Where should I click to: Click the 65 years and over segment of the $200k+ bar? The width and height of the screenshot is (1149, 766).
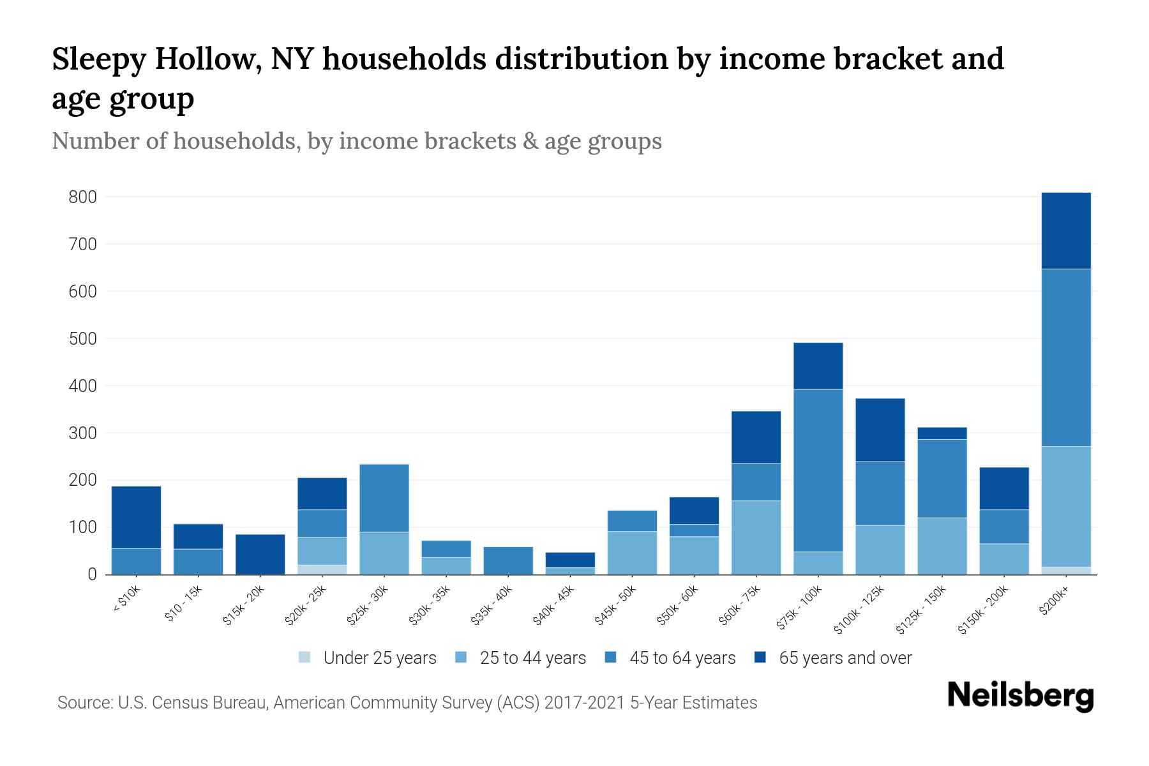1065,230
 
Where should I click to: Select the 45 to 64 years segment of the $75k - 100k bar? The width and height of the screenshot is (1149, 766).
818,470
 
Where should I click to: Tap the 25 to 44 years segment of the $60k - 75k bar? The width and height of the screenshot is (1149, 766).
756,537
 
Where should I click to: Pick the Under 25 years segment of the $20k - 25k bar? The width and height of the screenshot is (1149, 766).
322,569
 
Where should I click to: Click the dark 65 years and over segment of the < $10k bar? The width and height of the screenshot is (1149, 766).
136,517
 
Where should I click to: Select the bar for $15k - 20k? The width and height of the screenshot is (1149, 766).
260,554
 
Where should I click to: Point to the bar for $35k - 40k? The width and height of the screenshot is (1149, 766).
508,560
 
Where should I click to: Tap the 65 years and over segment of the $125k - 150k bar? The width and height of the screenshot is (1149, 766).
942,433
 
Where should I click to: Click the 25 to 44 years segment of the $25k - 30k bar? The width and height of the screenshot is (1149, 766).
384,553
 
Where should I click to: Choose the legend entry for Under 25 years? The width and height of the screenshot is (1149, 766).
368,658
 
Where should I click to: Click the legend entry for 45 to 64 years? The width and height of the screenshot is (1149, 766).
670,658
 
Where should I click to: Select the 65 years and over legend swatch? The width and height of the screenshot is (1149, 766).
760,657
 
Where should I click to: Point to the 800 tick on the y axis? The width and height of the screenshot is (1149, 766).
82,197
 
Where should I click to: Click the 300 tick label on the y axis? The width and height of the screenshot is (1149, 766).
82,433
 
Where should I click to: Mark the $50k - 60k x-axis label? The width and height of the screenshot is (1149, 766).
678,606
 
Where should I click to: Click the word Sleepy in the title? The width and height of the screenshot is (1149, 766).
103,60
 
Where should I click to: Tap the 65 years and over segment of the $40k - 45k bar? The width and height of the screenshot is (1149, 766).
570,560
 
